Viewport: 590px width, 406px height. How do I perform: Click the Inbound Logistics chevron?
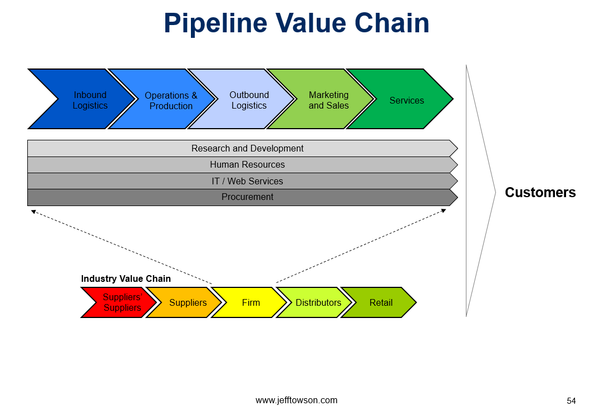click(x=90, y=99)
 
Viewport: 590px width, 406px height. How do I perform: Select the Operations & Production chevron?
click(x=171, y=99)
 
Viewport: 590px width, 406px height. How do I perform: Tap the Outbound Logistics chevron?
click(x=249, y=99)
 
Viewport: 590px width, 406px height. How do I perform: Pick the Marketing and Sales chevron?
click(x=328, y=99)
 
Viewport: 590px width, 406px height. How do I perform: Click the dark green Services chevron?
click(x=406, y=99)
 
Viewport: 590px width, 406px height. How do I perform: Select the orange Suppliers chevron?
click(x=188, y=302)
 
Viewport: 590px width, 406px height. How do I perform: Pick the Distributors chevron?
click(x=318, y=302)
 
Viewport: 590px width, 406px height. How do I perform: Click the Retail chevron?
click(x=381, y=302)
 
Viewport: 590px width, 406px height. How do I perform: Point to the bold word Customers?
click(x=540, y=193)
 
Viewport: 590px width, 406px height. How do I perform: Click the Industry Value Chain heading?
click(x=126, y=278)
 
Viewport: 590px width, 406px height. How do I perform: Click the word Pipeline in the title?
click(x=215, y=24)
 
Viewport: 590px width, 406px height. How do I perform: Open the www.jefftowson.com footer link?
click(x=297, y=400)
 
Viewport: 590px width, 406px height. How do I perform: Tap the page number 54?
click(x=571, y=400)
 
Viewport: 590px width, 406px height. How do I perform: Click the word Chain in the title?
click(x=392, y=23)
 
